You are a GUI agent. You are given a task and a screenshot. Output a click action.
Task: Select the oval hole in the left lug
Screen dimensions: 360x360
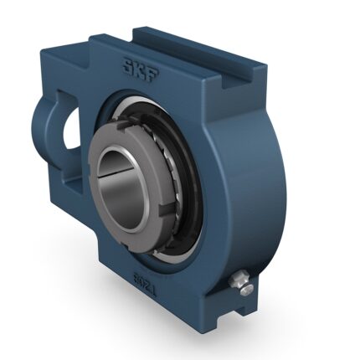tap(64, 126)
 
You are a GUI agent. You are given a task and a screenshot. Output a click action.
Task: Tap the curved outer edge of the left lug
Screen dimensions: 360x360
tap(39, 126)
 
